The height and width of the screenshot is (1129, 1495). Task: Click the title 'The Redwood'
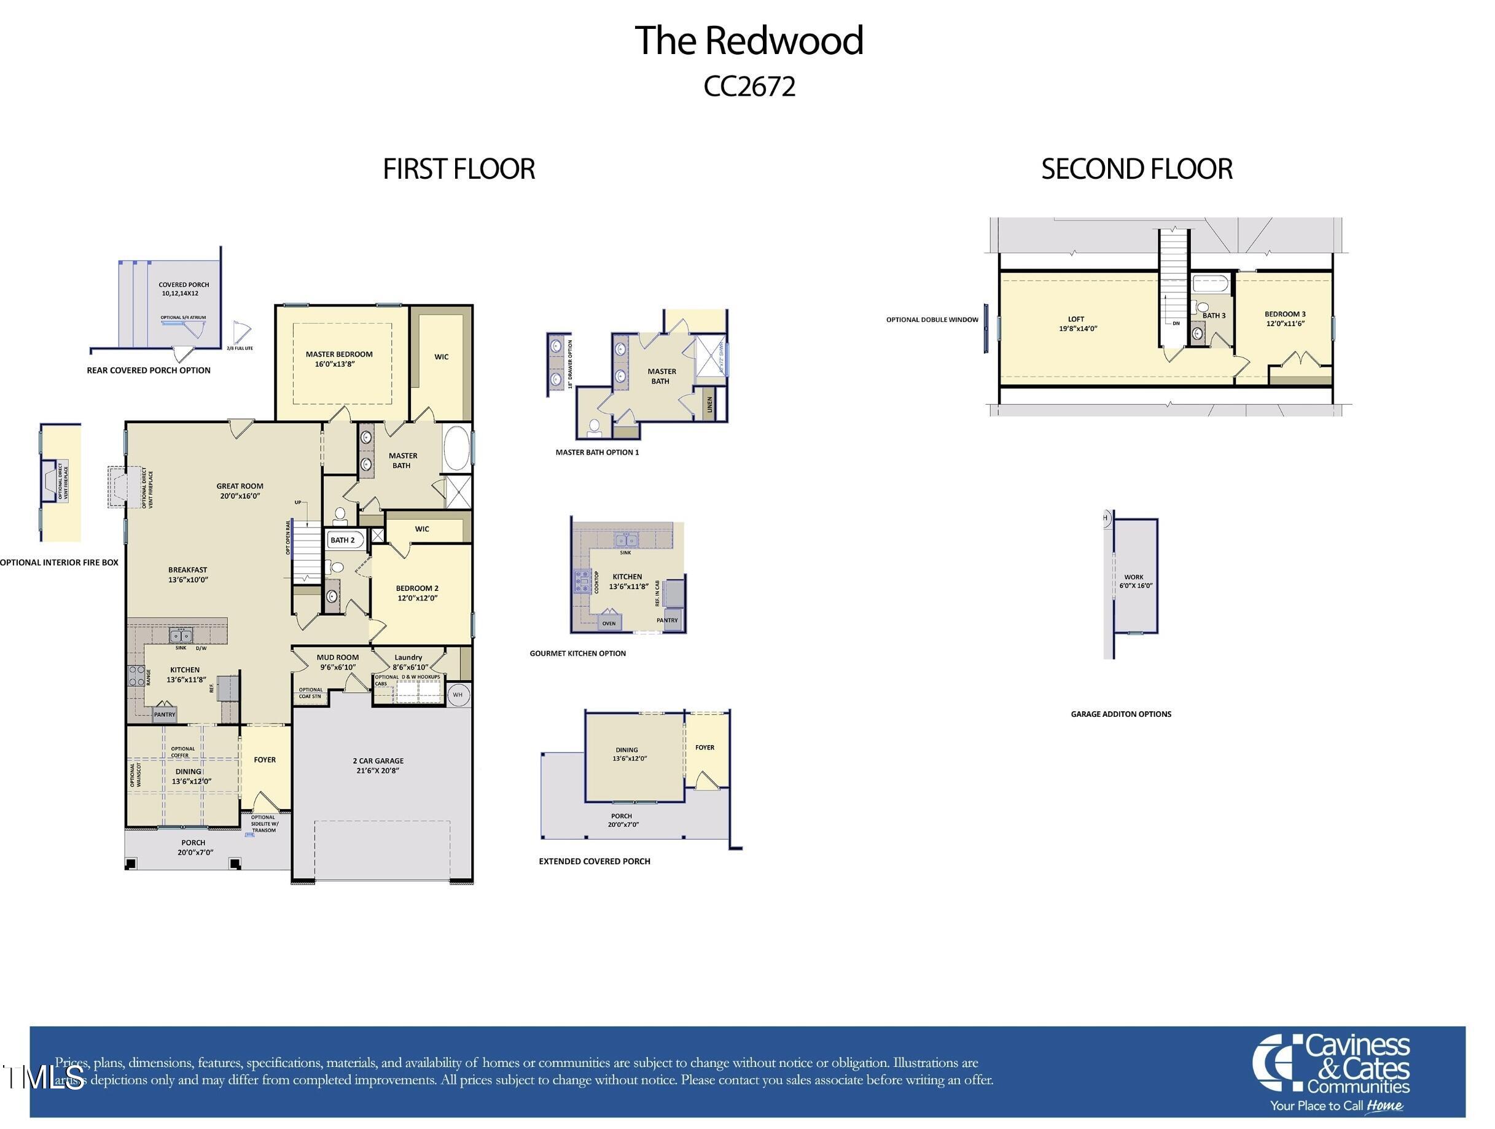748,41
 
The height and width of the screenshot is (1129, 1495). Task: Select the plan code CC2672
749,87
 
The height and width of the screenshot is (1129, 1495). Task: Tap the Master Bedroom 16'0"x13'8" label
338,359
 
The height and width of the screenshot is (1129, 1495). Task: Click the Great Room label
240,491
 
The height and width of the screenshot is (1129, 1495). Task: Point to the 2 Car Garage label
378,765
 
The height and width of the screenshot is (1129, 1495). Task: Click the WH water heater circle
458,695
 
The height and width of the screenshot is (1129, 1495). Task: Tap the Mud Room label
337,662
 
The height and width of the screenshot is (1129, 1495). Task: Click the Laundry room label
409,662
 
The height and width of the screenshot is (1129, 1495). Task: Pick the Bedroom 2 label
417,593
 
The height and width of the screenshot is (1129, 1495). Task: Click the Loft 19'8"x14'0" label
1077,324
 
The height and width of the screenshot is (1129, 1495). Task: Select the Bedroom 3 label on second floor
1285,318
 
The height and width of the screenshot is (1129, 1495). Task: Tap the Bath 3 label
1214,316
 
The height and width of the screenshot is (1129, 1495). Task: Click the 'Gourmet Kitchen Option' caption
577,653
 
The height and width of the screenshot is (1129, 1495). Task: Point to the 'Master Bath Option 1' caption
597,452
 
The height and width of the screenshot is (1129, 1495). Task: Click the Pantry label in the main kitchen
164,714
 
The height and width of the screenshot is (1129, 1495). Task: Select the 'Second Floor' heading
1137,169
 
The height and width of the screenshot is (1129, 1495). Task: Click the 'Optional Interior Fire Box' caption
60,563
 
